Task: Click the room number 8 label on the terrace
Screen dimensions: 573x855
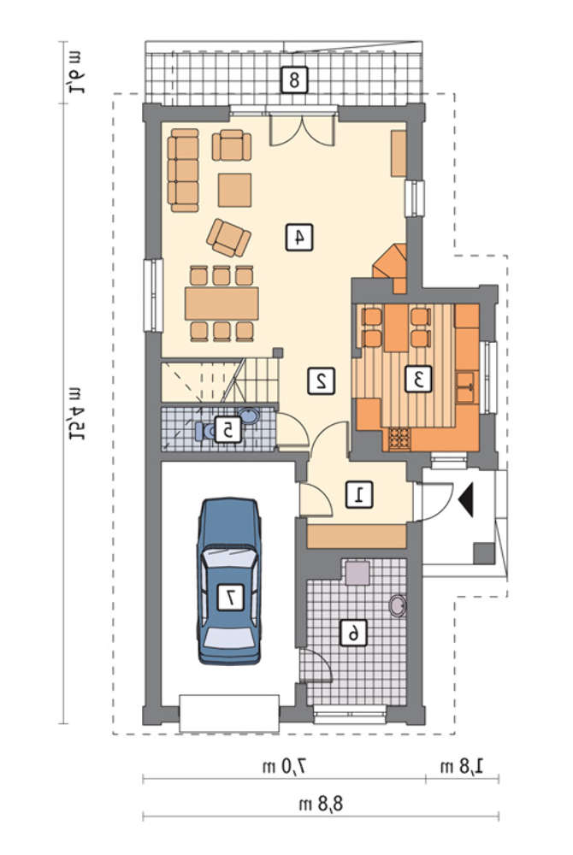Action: [294, 80]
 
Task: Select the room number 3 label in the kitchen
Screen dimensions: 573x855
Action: [418, 379]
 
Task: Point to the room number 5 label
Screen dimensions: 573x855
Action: [227, 430]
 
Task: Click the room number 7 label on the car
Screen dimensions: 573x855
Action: [231, 597]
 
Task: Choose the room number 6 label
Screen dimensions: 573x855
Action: [353, 633]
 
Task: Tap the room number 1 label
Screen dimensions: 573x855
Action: [360, 494]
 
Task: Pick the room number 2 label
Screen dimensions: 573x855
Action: [321, 380]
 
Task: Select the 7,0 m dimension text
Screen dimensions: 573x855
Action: [285, 767]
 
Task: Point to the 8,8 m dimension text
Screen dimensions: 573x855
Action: [321, 803]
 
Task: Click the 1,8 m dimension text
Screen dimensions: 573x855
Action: [462, 767]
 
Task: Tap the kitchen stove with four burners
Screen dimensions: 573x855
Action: [399, 439]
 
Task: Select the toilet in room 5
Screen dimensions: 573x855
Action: [204, 431]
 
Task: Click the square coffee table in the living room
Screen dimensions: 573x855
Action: [235, 190]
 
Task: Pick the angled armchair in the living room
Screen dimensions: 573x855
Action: [228, 237]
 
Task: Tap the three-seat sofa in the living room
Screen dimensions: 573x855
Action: [183, 170]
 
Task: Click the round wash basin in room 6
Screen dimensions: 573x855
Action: [398, 605]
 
